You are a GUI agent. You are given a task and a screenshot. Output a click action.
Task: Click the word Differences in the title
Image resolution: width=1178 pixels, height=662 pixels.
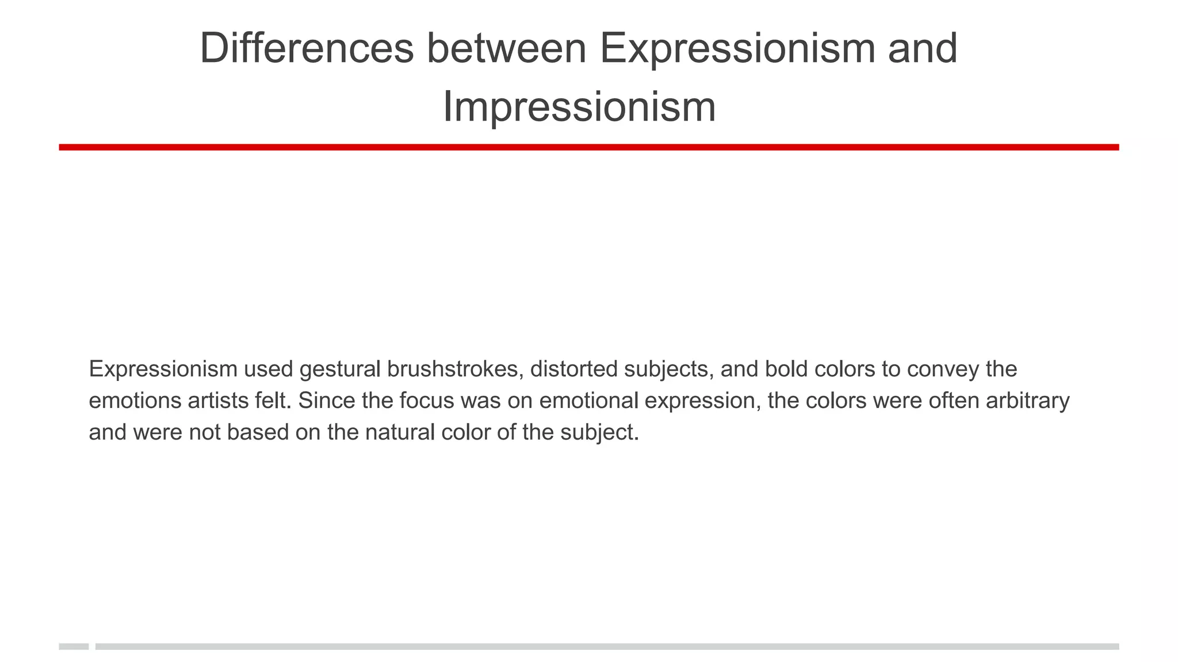click(307, 48)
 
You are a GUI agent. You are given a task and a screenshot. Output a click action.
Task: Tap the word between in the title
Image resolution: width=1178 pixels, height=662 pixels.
click(506, 48)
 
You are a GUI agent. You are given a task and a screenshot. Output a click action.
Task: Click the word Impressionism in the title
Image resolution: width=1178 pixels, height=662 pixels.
click(579, 107)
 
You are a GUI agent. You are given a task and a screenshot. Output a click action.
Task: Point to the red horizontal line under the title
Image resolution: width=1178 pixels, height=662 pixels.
click(588, 147)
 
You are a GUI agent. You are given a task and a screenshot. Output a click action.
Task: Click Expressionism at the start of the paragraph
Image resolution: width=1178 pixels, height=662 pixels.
click(163, 369)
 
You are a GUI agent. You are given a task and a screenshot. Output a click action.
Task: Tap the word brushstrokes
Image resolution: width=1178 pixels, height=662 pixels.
click(455, 369)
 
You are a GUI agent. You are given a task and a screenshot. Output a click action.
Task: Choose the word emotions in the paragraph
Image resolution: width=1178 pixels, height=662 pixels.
click(135, 401)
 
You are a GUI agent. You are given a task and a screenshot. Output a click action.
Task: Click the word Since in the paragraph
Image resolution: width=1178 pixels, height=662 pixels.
click(326, 401)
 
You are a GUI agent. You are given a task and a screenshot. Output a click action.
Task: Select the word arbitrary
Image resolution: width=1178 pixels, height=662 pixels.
click(1028, 401)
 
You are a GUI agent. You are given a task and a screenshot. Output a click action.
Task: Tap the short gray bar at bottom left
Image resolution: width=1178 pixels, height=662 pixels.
click(74, 646)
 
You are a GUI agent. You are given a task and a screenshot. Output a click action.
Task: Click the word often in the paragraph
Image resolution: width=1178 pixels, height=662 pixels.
click(954, 401)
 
